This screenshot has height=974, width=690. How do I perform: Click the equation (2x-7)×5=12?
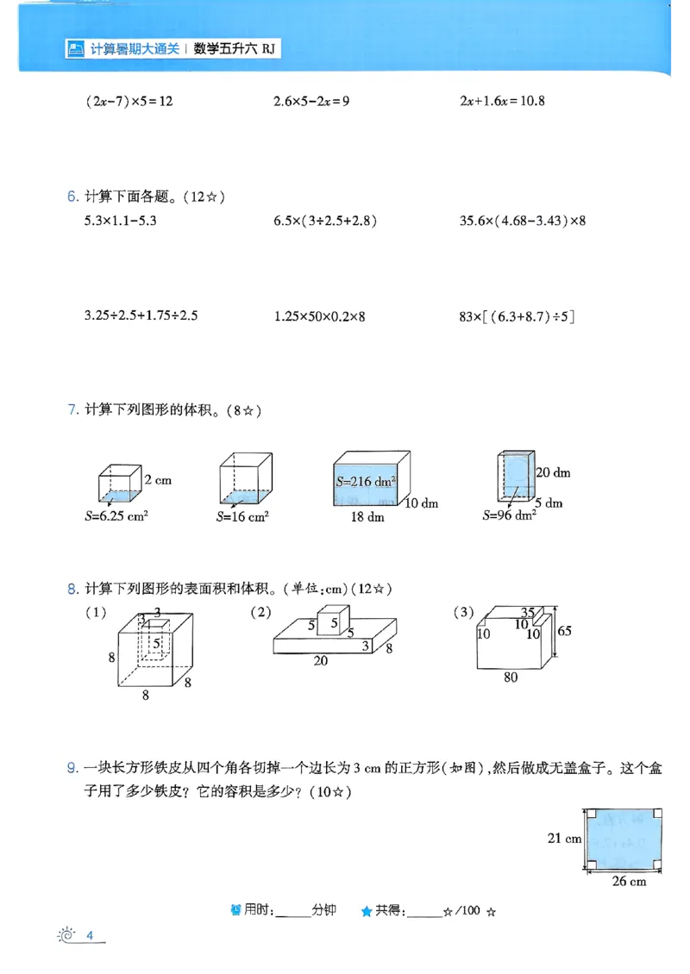point(129,101)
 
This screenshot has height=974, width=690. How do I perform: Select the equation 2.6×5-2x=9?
point(311,101)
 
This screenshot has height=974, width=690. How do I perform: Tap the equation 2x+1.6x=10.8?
point(502,101)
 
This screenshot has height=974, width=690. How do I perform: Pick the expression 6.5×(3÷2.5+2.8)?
point(325,221)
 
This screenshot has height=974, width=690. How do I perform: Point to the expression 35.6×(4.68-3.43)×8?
point(523,221)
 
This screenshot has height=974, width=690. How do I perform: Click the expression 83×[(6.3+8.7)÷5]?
point(517,316)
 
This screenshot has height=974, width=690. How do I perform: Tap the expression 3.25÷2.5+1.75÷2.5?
point(141,315)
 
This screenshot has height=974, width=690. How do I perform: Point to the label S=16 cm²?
point(242,517)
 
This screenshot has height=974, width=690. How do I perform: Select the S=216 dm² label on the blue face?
point(366,481)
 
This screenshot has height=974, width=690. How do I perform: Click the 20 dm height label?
point(553,472)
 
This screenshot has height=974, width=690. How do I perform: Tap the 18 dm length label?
point(367,517)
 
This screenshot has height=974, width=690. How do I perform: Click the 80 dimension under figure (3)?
point(511,677)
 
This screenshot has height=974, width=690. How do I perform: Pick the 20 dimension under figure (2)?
point(320,661)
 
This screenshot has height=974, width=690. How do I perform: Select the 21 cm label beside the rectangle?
point(565,837)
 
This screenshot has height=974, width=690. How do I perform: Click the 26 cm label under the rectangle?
point(629,881)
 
